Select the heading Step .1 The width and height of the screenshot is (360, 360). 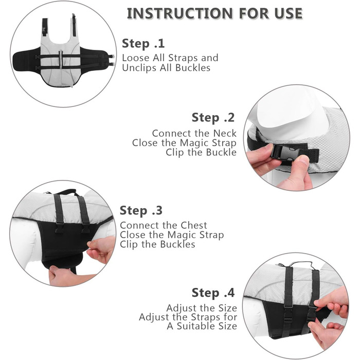[143, 43]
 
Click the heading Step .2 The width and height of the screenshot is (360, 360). [213, 118]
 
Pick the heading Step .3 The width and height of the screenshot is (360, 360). [141, 210]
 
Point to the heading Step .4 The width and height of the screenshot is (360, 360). [213, 293]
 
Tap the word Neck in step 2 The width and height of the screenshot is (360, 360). [225, 133]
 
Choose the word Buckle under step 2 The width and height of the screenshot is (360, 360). [221, 152]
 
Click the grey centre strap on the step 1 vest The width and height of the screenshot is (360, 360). [61, 59]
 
